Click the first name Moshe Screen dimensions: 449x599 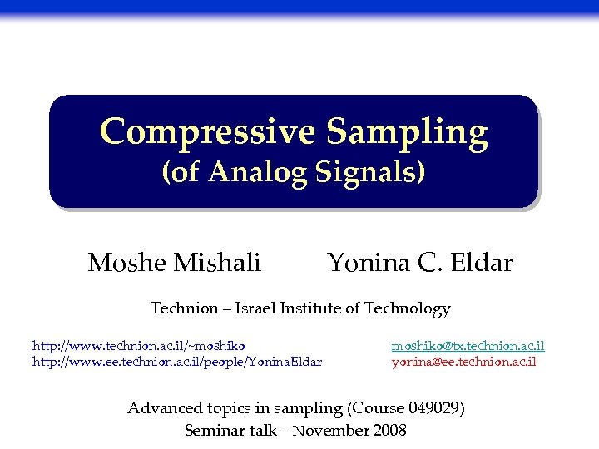click(x=126, y=263)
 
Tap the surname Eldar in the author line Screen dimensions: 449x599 click(x=481, y=263)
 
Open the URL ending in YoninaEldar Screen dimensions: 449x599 click(x=177, y=362)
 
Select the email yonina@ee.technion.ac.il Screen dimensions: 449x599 click(x=464, y=362)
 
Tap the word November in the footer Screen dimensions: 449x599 click(x=329, y=431)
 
